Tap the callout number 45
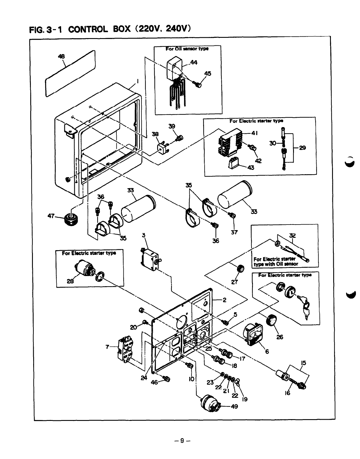click(208, 74)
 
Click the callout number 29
click(302, 147)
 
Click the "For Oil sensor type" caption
click(187, 49)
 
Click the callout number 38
click(155, 134)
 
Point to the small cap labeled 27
click(240, 269)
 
